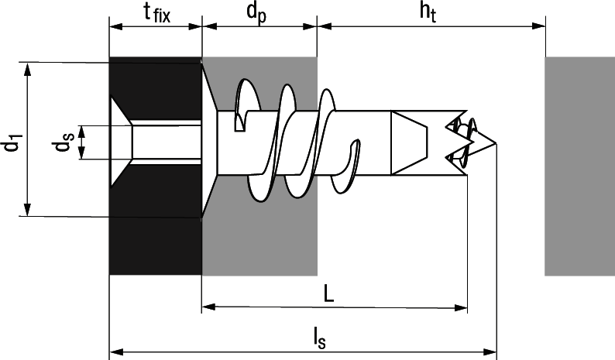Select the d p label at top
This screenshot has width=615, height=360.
pyautogui.click(x=258, y=13)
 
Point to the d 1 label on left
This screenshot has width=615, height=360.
pyautogui.click(x=12, y=144)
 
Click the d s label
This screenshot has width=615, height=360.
pyautogui.click(x=68, y=144)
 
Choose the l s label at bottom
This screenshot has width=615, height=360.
pyautogui.click(x=318, y=338)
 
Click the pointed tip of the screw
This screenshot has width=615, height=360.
pyautogui.click(x=494, y=144)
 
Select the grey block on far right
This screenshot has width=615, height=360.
pyautogui.click(x=579, y=166)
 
